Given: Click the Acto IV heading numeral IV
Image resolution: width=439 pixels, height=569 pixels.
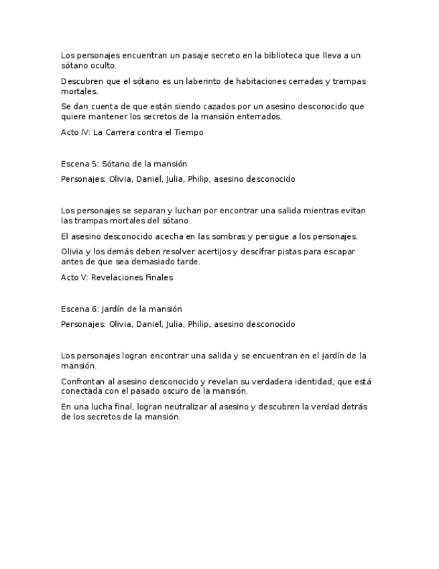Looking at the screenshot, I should (x=84, y=132).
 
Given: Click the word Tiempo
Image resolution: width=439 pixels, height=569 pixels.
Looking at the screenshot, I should (x=188, y=132).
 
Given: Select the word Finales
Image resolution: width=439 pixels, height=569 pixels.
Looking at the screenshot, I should (x=159, y=277).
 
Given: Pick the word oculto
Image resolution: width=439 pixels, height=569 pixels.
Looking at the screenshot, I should (x=104, y=66).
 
